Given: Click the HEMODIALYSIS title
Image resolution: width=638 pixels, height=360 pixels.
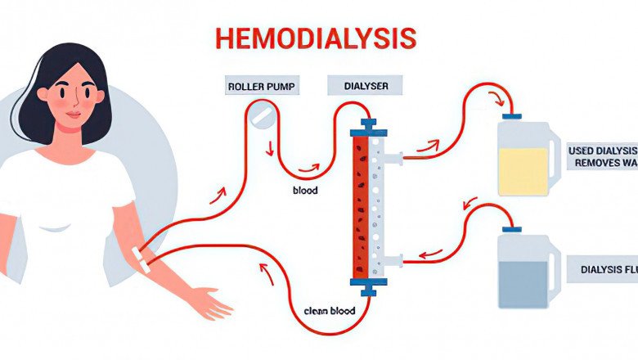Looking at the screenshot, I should pyautogui.click(x=316, y=38).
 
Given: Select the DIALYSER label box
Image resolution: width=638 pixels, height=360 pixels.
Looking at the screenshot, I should pyautogui.click(x=357, y=85).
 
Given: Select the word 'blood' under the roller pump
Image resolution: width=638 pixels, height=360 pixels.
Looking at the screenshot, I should pyautogui.click(x=305, y=191).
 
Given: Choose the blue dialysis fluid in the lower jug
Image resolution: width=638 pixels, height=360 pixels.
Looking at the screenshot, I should pyautogui.click(x=523, y=283).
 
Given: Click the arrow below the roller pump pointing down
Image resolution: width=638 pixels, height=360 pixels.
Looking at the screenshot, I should pyautogui.click(x=270, y=147).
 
